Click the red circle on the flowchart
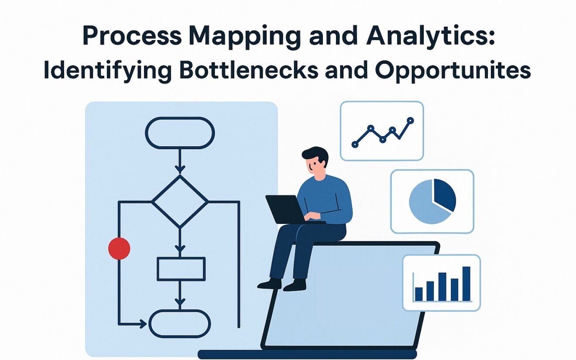(x=119, y=249)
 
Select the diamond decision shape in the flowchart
(x=180, y=201)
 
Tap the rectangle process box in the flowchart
(x=181, y=269)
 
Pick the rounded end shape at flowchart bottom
(x=180, y=324)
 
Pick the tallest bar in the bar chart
(x=466, y=284)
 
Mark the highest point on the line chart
(x=410, y=120)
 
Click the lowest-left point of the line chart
(x=355, y=144)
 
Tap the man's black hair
(x=315, y=154)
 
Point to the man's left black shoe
(x=270, y=284)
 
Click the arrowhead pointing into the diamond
(x=179, y=169)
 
